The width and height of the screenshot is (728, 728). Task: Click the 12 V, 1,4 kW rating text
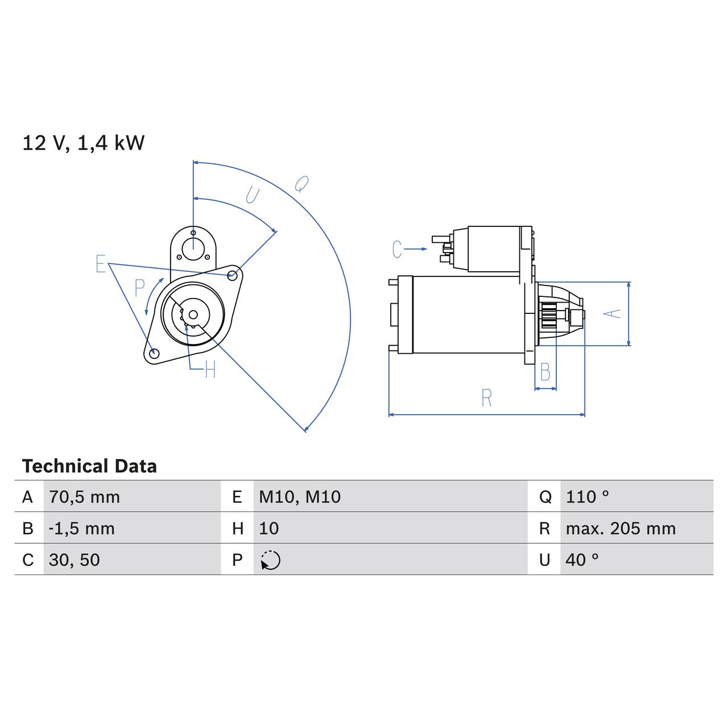click(x=84, y=143)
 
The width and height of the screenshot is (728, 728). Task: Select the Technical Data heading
click(x=89, y=466)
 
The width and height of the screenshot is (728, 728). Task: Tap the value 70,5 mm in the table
click(x=84, y=497)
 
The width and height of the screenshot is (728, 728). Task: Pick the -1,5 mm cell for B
click(x=81, y=528)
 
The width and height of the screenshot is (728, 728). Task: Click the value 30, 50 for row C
click(x=75, y=560)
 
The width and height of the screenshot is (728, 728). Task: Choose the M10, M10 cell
click(x=300, y=497)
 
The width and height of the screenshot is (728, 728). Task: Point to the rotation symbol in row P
click(x=271, y=560)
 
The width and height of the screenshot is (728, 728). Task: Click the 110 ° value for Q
click(x=588, y=497)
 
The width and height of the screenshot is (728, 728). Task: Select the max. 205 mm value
click(x=621, y=528)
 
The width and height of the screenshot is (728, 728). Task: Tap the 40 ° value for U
click(x=582, y=560)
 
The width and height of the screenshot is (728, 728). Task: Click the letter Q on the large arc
click(x=301, y=184)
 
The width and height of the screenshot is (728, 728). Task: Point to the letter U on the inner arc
click(x=253, y=195)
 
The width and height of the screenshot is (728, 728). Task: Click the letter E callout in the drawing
click(x=101, y=263)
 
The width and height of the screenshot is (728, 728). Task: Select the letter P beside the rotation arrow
click(x=139, y=288)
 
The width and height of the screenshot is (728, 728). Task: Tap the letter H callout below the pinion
click(x=210, y=369)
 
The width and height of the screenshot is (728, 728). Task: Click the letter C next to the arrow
click(x=397, y=249)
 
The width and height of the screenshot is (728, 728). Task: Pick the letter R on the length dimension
click(x=487, y=398)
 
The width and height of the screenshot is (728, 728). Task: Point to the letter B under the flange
click(x=545, y=372)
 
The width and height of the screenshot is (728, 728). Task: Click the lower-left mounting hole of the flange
click(x=154, y=353)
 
